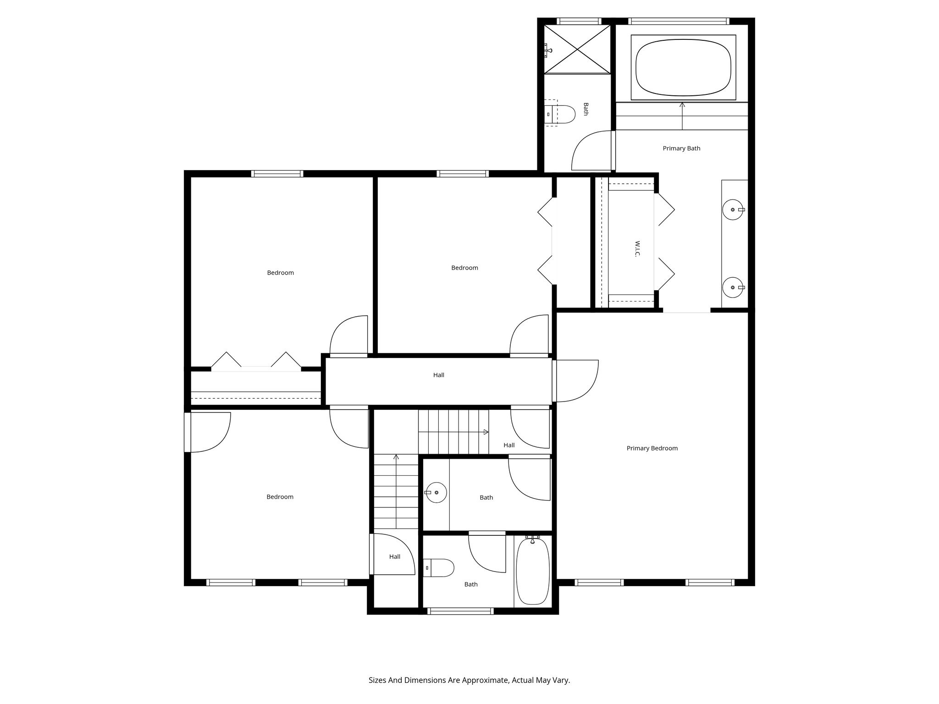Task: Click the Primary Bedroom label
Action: [652, 448]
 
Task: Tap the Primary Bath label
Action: [681, 148]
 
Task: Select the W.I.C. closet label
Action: [637, 249]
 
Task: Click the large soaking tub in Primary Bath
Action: [683, 67]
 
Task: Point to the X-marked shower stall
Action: [577, 49]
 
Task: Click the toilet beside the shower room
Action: [563, 114]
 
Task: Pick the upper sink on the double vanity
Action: [733, 209]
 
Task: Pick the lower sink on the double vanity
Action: [733, 287]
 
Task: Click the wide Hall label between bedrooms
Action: [439, 375]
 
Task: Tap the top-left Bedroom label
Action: [280, 273]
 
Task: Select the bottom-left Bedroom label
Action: [280, 497]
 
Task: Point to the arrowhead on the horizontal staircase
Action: [486, 432]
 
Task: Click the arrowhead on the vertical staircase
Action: [396, 457]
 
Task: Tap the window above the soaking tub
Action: [679, 21]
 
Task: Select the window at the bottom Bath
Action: [460, 611]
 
